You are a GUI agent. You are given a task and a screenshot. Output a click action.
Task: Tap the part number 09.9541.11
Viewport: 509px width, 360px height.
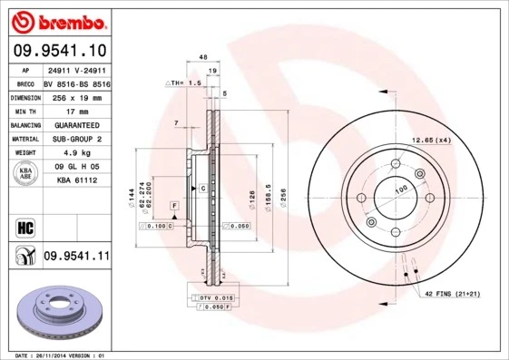coord(76,258)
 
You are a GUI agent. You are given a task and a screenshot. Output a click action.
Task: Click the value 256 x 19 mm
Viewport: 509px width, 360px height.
coord(76,96)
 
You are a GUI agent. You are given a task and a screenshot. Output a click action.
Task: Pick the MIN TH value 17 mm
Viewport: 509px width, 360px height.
coord(76,110)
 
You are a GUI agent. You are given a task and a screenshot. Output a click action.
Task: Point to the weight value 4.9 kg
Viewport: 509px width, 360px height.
coord(76,152)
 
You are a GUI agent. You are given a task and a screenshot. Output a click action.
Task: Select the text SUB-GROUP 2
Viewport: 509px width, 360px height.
coord(76,138)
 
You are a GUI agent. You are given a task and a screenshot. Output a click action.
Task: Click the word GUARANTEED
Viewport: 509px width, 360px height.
coord(76,124)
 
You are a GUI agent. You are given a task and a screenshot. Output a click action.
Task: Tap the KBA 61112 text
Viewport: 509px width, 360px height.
coord(76,180)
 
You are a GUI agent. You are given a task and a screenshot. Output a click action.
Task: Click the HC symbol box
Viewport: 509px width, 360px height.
coord(24,226)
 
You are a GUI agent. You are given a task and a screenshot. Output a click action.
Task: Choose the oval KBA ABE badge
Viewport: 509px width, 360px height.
coord(25,173)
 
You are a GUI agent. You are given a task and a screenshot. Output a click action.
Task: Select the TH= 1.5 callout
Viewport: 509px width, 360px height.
coord(183,83)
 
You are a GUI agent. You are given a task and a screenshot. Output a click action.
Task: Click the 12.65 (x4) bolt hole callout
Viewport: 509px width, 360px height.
coord(432,141)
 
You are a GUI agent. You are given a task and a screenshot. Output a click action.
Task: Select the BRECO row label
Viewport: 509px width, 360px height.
coord(24,82)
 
